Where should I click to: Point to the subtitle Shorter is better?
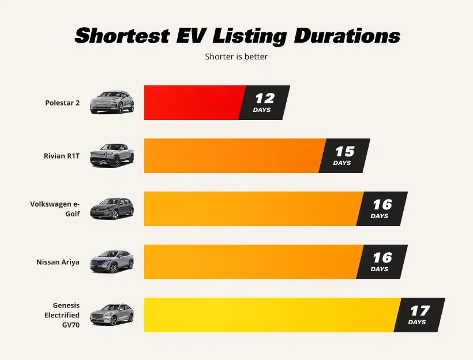click(236, 57)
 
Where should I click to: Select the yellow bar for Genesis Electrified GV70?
click(271, 315)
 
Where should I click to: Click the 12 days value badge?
click(264, 103)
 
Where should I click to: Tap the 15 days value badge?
click(344, 156)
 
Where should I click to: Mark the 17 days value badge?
click(419, 315)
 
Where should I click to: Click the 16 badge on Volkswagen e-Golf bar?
click(382, 209)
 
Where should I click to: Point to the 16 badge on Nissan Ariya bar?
click(382, 262)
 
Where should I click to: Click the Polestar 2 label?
click(62, 103)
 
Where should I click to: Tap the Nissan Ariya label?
click(58, 262)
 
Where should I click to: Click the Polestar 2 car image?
click(112, 102)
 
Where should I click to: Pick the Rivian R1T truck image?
click(112, 156)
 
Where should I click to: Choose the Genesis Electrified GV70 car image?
click(112, 314)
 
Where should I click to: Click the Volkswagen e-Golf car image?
click(112, 208)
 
